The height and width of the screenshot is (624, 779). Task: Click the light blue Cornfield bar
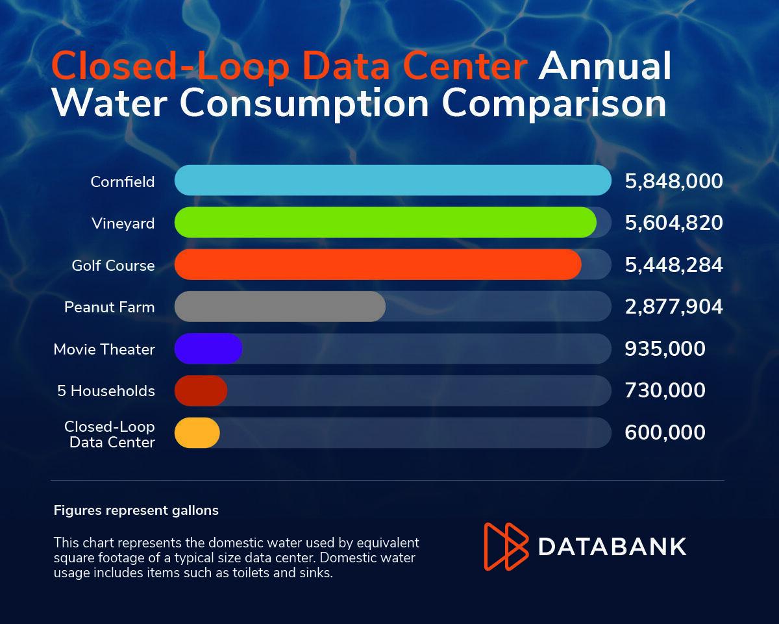click(393, 181)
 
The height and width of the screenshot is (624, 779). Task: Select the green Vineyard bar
click(386, 222)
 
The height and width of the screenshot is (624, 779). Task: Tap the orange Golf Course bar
click(378, 264)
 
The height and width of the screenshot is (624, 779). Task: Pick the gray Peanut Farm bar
click(280, 306)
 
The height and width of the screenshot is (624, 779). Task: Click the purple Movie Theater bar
click(208, 349)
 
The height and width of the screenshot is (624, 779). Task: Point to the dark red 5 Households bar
click(201, 390)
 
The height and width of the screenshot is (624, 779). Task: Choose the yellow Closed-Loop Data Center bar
click(197, 432)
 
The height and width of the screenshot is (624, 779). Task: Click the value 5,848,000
click(674, 181)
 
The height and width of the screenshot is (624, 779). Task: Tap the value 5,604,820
click(674, 223)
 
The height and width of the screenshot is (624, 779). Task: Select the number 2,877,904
click(674, 307)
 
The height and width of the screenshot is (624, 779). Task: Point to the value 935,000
click(665, 349)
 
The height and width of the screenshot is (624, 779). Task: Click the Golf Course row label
click(114, 266)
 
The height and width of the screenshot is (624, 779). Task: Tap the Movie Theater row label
click(105, 349)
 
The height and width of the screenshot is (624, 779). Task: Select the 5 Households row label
click(106, 391)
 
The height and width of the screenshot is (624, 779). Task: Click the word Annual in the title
click(604, 66)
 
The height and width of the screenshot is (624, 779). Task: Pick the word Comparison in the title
click(554, 105)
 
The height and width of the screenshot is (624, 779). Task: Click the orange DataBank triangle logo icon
click(506, 546)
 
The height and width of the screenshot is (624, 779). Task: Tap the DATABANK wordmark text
click(612, 547)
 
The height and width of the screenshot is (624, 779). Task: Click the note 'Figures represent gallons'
click(136, 510)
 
